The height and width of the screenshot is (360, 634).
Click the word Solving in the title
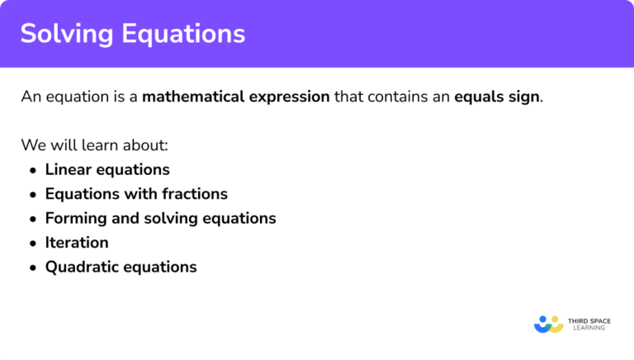pyautogui.click(x=64, y=33)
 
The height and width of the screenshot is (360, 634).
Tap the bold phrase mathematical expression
pyautogui.click(x=236, y=97)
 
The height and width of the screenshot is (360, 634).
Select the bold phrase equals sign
pyautogui.click(x=498, y=97)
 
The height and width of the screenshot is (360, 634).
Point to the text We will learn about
pyautogui.click(x=95, y=145)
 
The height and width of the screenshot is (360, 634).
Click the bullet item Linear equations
pyautogui.click(x=107, y=169)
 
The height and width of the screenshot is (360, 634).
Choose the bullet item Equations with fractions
pyautogui.click(x=136, y=194)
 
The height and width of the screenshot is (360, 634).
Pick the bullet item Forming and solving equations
pyautogui.click(x=160, y=218)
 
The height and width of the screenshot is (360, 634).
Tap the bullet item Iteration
pyautogui.click(x=77, y=243)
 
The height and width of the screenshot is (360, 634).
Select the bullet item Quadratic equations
pyautogui.click(x=121, y=267)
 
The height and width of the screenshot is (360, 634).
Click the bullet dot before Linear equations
pyautogui.click(x=32, y=170)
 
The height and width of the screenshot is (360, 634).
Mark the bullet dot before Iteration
pyautogui.click(x=32, y=244)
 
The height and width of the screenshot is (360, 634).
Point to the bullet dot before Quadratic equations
pyautogui.click(x=32, y=268)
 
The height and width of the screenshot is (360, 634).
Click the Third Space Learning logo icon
pyautogui.click(x=547, y=324)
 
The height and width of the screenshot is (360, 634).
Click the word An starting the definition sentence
pyautogui.click(x=29, y=97)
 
